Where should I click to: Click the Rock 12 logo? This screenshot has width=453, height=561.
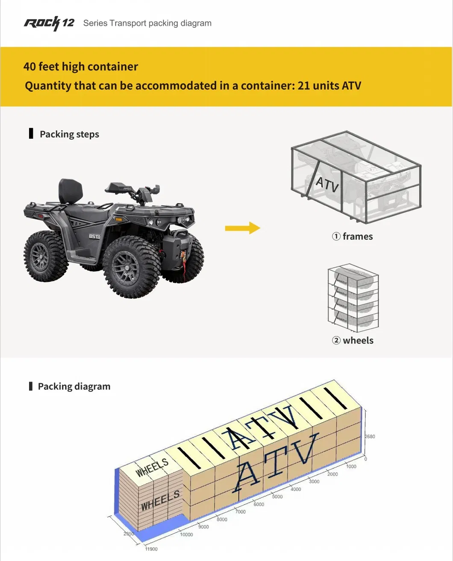click(49, 23)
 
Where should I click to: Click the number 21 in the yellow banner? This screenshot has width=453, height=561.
click(303, 85)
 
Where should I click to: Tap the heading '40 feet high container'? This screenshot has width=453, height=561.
click(81, 67)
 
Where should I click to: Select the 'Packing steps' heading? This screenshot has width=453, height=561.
click(69, 134)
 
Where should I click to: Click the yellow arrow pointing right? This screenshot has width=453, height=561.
click(242, 228)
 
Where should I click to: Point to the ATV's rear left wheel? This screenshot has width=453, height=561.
click(45, 256)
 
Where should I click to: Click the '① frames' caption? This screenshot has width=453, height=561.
click(353, 237)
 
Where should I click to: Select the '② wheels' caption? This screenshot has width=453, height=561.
click(353, 340)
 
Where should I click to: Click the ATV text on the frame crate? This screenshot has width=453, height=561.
click(327, 184)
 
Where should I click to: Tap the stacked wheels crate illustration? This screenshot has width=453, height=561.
click(353, 298)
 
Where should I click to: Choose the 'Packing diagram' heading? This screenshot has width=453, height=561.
click(74, 386)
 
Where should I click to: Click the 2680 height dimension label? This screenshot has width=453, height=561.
click(370, 436)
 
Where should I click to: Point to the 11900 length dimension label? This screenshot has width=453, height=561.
click(151, 549)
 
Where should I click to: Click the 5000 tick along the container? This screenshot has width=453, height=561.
click(277, 497)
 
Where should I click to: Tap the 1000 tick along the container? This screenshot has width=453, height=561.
click(351, 466)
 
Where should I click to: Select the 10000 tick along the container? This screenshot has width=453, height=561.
click(186, 535)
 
